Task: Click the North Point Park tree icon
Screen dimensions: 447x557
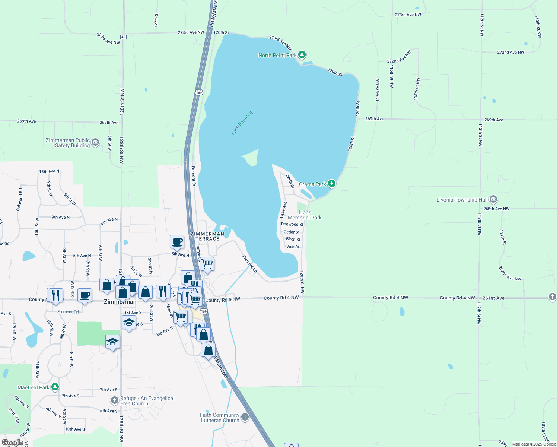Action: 302,55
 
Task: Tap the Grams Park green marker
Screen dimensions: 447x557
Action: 331,184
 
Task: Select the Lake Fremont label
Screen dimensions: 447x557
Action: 242,123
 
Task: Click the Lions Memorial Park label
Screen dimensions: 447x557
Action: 305,215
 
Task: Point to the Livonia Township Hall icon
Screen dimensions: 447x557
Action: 493,199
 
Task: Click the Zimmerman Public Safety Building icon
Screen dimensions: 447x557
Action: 95,142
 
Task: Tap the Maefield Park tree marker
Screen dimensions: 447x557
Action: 55,387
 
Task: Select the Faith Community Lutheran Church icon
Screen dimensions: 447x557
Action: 245,417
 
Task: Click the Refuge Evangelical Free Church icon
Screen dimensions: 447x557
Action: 115,400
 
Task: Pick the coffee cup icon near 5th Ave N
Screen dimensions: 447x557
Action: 177,241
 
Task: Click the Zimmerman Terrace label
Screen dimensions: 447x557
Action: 207,236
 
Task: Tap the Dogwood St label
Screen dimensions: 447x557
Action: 292,224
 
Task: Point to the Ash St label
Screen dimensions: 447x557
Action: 293,247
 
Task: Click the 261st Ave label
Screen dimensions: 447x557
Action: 493,298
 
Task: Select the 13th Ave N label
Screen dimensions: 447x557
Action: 49,172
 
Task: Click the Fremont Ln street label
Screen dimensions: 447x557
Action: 249,264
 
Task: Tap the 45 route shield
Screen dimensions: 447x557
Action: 123,37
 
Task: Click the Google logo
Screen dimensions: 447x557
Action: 13,443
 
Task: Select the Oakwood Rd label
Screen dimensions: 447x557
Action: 19,200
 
